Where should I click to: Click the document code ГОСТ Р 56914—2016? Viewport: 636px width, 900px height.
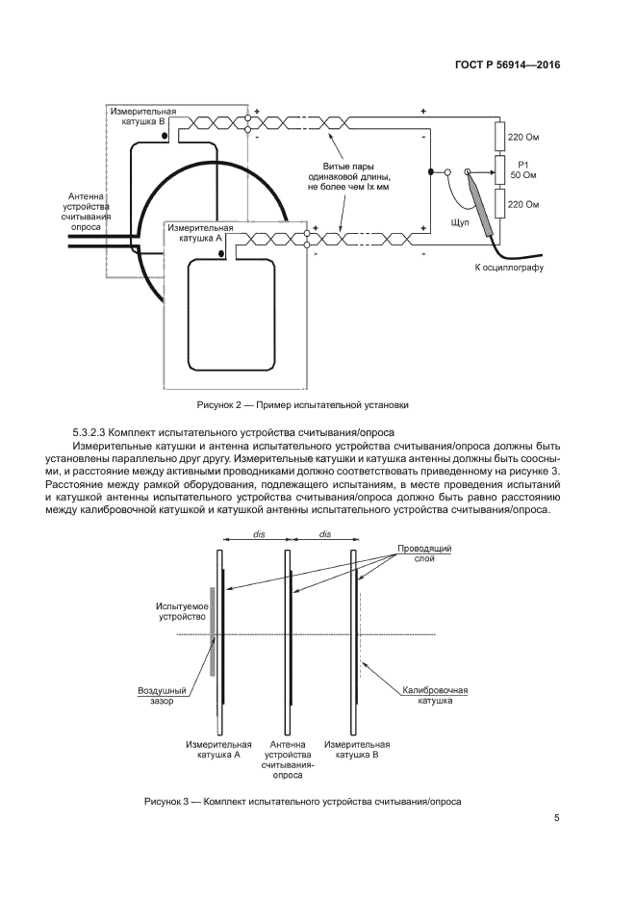(508, 65)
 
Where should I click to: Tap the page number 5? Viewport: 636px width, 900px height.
(557, 818)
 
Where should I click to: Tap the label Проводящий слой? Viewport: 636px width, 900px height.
(424, 553)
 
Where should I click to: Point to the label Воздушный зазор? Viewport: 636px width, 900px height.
(161, 695)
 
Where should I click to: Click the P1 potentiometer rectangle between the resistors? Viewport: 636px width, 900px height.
(498, 171)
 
